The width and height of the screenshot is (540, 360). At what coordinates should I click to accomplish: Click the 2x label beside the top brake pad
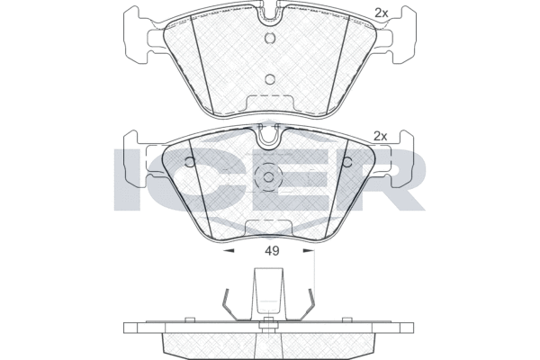382,13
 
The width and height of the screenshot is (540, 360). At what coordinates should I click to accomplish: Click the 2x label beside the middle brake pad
381,137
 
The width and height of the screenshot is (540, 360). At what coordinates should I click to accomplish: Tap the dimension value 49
272,251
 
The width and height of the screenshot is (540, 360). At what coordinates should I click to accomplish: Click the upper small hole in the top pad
270,38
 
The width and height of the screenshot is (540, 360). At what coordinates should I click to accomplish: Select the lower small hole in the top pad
270,79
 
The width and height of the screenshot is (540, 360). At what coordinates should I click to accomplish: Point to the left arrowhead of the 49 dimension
229,251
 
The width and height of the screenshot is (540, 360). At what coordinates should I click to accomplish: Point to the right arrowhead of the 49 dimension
309,251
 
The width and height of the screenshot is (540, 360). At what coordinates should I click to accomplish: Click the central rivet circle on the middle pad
268,177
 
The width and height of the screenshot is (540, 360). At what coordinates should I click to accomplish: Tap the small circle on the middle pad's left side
190,162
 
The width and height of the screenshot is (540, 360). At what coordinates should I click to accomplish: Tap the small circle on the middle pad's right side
347,162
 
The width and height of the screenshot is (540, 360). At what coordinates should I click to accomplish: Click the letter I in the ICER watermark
127,180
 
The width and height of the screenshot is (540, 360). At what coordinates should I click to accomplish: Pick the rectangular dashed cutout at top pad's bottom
270,103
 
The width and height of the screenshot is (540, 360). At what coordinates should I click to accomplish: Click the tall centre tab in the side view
268,294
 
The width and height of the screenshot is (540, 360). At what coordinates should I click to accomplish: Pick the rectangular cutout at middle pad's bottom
268,228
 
